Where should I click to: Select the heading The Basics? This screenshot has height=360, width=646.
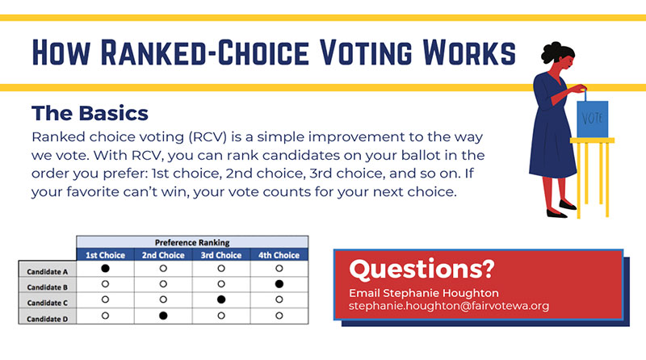coord(90,111)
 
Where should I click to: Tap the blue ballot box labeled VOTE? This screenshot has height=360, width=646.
coord(593,118)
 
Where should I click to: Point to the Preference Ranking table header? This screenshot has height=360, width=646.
coord(192,241)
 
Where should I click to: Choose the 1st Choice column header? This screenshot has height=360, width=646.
coord(105,255)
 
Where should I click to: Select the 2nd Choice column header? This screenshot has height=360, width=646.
coord(163,255)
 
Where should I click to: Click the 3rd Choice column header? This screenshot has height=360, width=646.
coord(221,255)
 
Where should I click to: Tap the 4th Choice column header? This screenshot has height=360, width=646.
coord(279,255)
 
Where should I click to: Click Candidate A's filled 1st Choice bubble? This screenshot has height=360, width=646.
coord(105,267)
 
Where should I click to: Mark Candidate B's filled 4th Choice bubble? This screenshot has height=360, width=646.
coord(279,283)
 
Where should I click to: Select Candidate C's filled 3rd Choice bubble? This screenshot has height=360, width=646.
coord(221,299)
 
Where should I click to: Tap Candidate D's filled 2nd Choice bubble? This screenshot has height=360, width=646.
coord(163,315)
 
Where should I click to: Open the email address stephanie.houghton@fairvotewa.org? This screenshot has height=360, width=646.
coord(449,307)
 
